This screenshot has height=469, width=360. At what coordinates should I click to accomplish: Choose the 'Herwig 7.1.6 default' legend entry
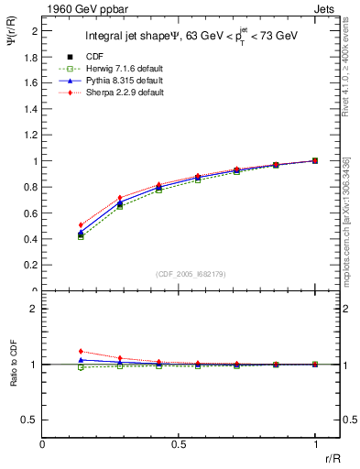coord(115,70)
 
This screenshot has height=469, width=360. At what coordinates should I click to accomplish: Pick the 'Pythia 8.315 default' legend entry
coord(115,82)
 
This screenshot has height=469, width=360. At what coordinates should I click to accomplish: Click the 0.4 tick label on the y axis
coord(31,239)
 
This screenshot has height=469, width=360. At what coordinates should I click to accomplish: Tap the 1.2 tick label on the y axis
coord(31,135)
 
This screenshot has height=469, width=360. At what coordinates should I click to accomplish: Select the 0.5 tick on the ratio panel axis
coord(31,420)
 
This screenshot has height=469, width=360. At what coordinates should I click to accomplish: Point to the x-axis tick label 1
coord(315,446)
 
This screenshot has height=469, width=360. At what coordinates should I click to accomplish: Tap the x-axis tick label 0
coord(43,446)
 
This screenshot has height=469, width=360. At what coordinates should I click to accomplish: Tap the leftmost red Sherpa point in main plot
coord(81,224)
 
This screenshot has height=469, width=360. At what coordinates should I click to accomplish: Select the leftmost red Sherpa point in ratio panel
coord(81,351)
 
